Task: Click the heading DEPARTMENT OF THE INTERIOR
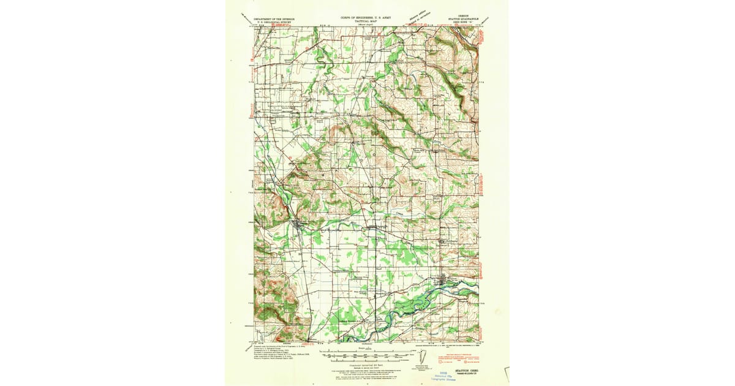pos(274,19)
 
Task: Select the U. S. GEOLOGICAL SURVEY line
pos(274,23)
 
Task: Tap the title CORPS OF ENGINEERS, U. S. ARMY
pos(365,18)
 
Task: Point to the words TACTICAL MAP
pos(366,23)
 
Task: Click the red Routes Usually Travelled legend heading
pos(454,353)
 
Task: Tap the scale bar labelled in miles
pos(366,354)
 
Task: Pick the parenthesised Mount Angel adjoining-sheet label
pos(366,26)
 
